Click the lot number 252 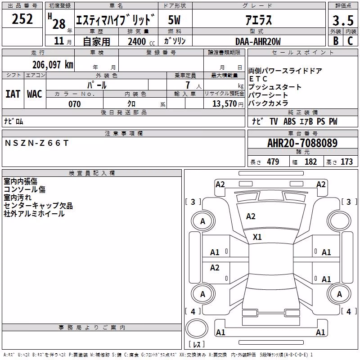point(22,19)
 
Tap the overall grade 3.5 point(343,20)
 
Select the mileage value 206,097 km point(53,65)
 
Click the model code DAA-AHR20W point(258,41)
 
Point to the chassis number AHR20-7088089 point(302,143)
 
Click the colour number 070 point(75,104)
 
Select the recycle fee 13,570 point(224,104)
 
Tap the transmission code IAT point(13,94)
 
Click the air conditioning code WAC point(35,94)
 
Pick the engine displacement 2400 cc point(141,41)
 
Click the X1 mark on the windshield point(257,237)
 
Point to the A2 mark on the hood point(251,216)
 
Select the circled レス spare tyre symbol point(197,328)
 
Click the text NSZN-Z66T point(37,143)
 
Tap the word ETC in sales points point(258,79)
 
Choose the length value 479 point(273,162)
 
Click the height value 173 point(346,162)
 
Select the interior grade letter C point(350,41)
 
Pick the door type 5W point(174,20)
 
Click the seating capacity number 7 point(188,85)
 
